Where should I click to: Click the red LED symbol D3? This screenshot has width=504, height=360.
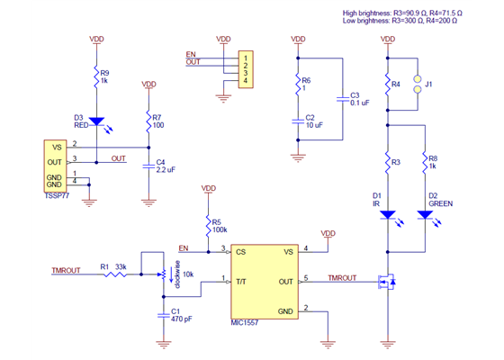(97, 121)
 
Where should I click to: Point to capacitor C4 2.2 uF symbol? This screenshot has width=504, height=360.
(149, 166)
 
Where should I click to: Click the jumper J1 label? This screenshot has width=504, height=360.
(429, 85)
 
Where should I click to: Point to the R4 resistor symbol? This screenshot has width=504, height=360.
(387, 85)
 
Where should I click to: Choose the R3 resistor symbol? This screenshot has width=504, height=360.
(387, 165)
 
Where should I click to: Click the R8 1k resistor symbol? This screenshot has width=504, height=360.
(423, 165)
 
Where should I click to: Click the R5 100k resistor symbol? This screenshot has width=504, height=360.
(209, 223)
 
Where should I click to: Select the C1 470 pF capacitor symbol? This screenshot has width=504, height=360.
(163, 314)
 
